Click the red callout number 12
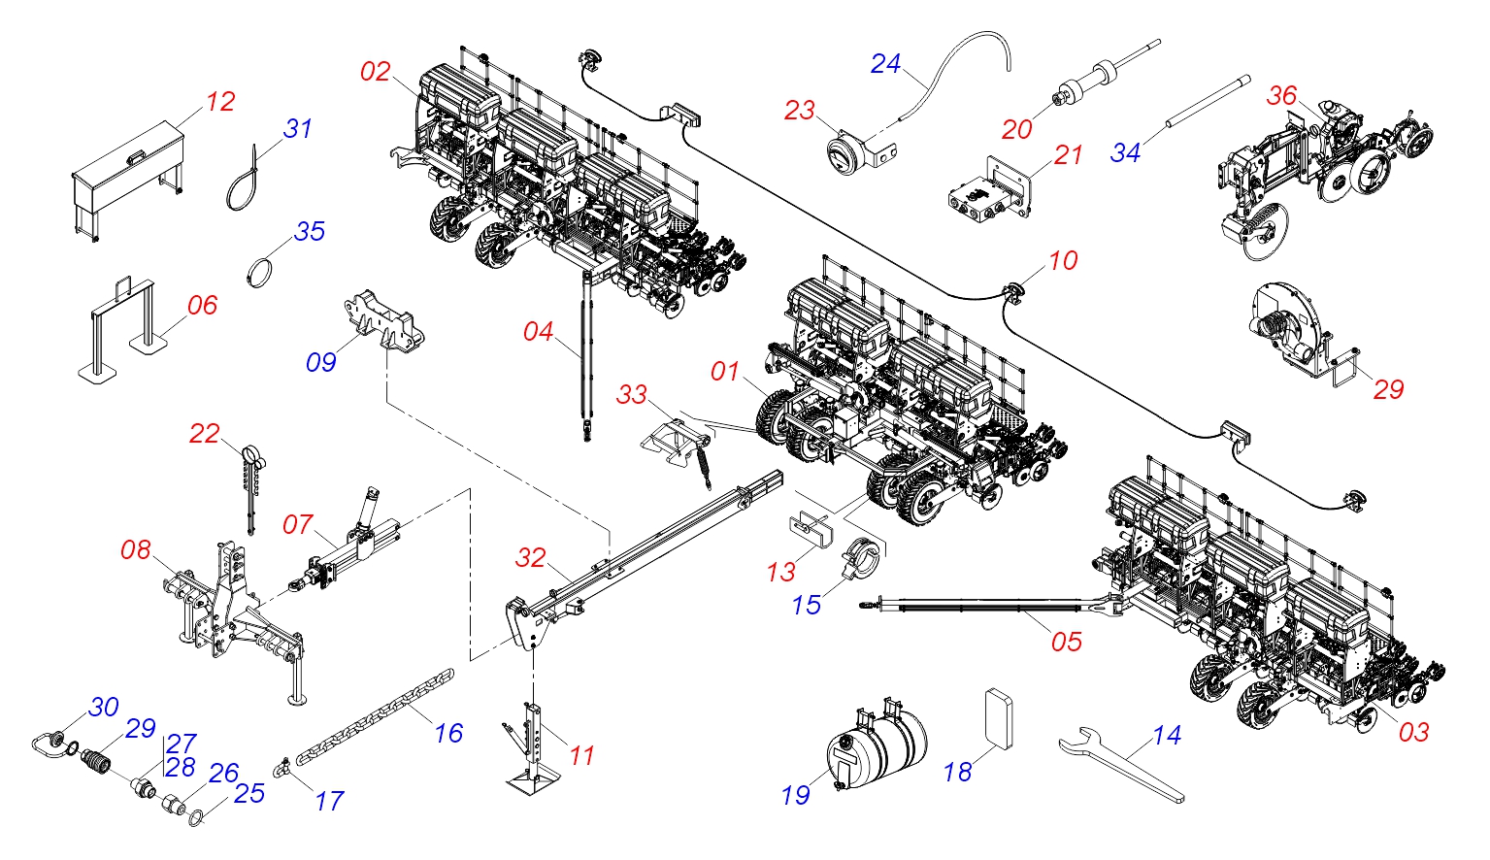[220, 102]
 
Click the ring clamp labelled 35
[259, 274]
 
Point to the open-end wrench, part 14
[1120, 765]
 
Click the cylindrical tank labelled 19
[877, 744]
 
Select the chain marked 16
[375, 717]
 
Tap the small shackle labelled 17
[280, 768]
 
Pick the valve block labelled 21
[989, 189]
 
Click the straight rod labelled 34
[1208, 103]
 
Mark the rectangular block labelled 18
[999, 719]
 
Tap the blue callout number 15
[807, 606]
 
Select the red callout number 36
[1281, 96]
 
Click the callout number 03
[1413, 732]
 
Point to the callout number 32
[530, 558]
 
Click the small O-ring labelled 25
[195, 818]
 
